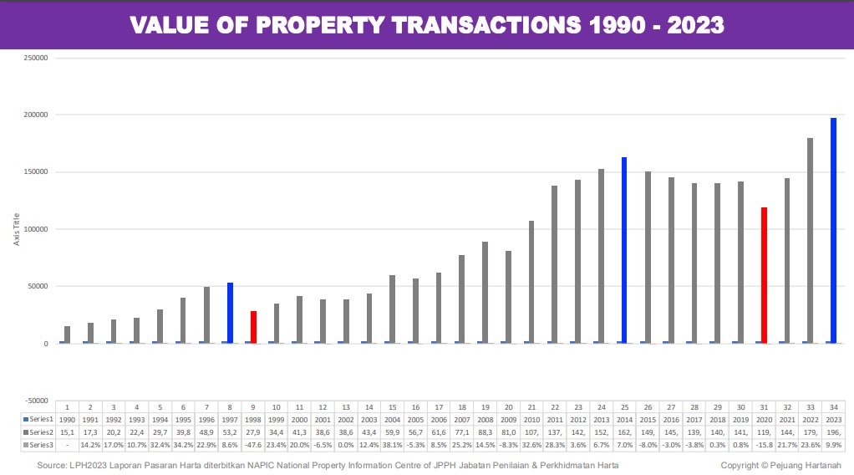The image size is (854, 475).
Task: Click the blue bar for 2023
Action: coord(833,230)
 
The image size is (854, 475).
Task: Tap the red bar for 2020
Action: coord(764,275)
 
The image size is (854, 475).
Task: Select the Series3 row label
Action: coord(38,445)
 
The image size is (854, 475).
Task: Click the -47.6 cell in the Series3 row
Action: coord(253,445)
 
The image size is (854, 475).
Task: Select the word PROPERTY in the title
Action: coord(321,26)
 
